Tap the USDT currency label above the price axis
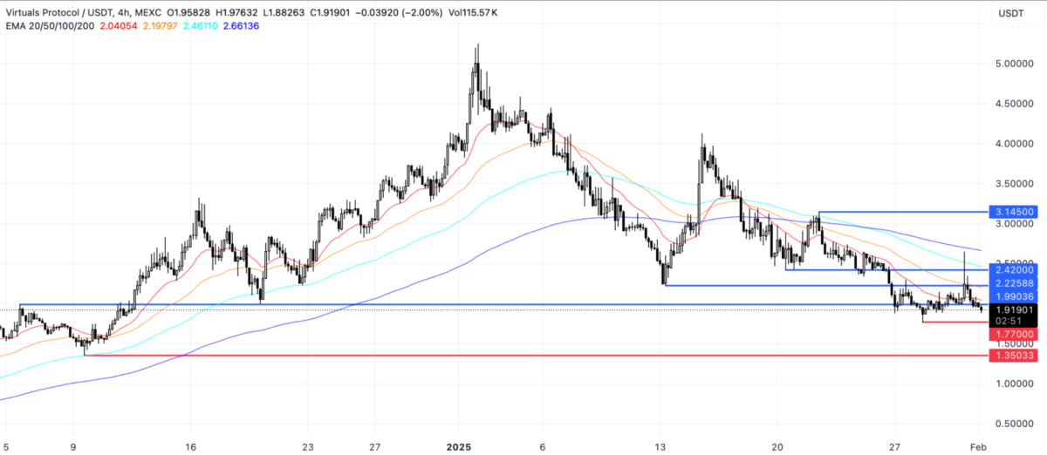coord(1010,12)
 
